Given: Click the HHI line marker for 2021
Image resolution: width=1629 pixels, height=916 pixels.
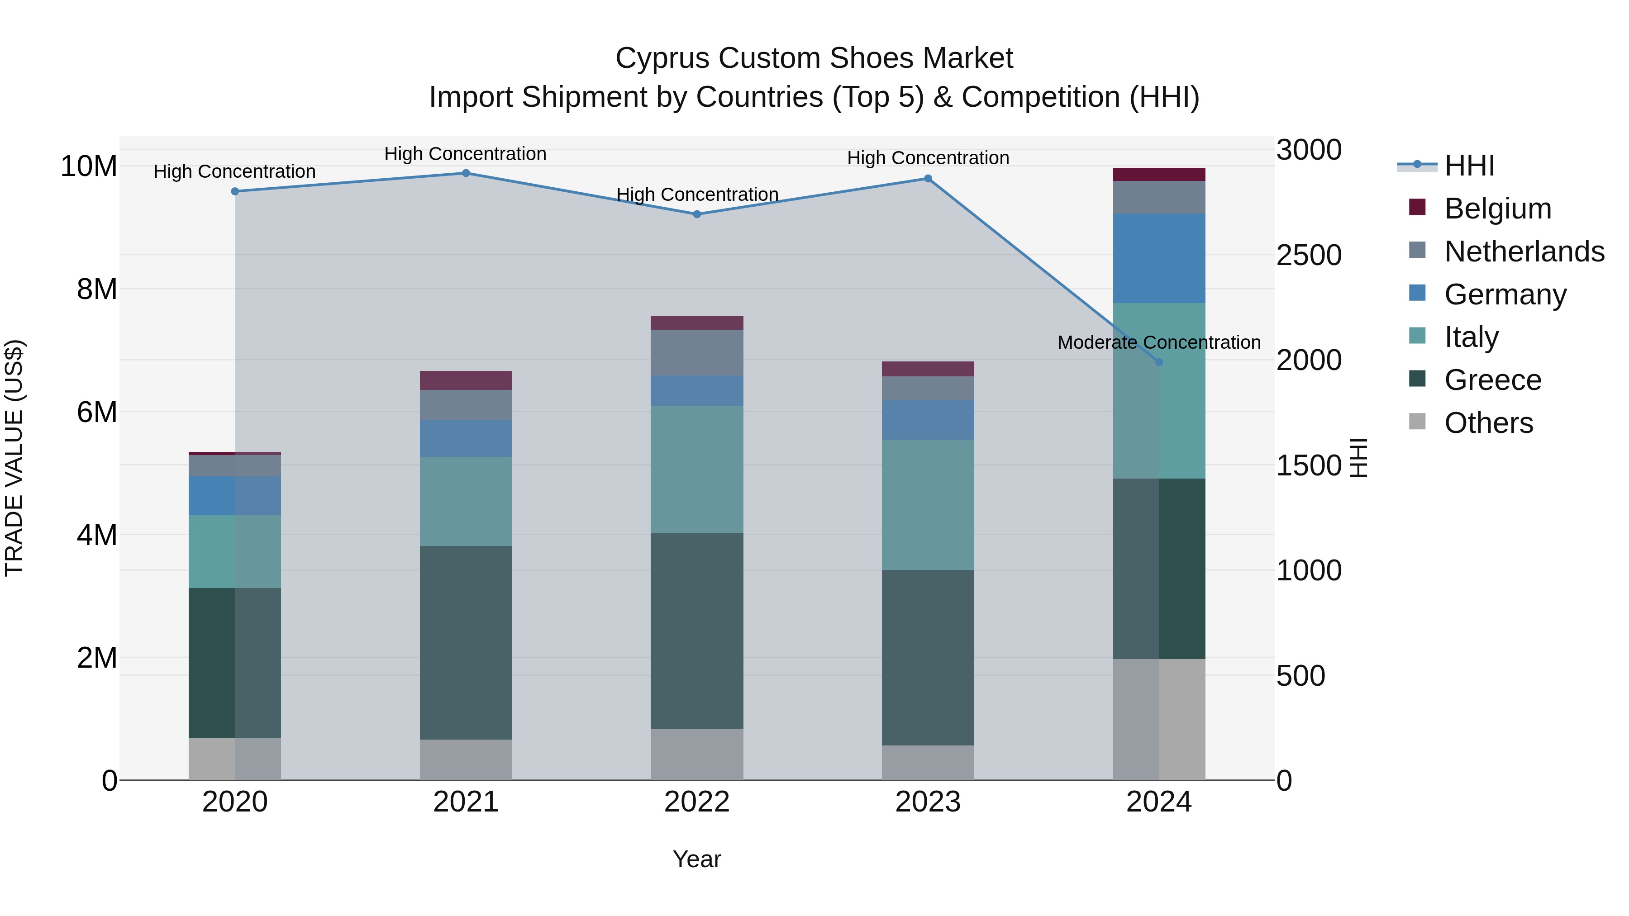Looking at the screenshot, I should tap(466, 173).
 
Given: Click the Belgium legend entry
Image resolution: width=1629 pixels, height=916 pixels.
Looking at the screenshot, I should tap(1497, 209).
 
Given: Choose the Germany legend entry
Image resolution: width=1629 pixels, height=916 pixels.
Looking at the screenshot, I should tap(1505, 294).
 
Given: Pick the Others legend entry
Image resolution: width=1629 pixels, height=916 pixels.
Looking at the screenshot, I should tap(1489, 423).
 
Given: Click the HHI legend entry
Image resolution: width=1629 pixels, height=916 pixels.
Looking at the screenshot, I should tap(1469, 166).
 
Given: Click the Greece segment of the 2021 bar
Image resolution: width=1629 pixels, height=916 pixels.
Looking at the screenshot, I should tap(466, 642).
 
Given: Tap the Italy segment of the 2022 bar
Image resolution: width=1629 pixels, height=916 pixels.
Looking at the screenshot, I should tap(697, 469).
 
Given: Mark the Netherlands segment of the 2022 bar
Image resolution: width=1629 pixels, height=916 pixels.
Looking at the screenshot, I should tap(697, 353).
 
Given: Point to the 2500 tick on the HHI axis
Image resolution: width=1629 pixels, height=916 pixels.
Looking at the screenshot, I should tap(1308, 256).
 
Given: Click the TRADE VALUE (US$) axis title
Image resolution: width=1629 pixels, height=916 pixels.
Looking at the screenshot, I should tap(14, 458).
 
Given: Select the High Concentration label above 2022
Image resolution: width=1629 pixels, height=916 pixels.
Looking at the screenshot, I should tap(697, 195).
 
